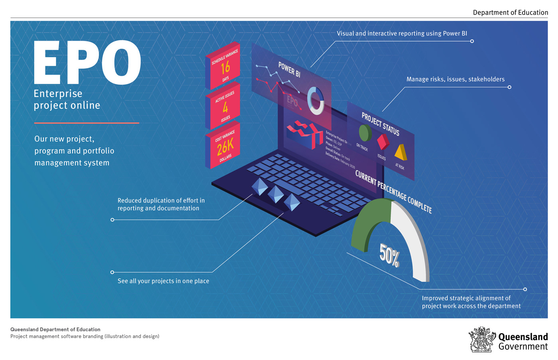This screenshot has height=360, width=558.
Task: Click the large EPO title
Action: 87,63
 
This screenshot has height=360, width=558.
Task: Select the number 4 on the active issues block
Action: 225,107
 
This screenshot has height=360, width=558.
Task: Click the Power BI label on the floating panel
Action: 289,69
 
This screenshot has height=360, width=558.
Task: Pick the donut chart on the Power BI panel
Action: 316,100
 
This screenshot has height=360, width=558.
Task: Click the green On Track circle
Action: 365,133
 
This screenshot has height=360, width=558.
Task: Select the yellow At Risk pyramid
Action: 401,152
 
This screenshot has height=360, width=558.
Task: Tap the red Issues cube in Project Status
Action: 383,142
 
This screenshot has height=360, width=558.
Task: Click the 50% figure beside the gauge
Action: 389,255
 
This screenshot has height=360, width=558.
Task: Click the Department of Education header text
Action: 510,12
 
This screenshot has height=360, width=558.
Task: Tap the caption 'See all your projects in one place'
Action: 163,281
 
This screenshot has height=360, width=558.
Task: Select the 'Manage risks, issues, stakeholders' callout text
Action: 455,79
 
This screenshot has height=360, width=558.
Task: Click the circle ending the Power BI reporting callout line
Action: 472,41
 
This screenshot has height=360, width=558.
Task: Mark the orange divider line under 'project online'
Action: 86,123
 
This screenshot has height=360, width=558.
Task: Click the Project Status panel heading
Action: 380,124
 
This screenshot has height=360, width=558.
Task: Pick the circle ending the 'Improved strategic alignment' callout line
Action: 525,289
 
